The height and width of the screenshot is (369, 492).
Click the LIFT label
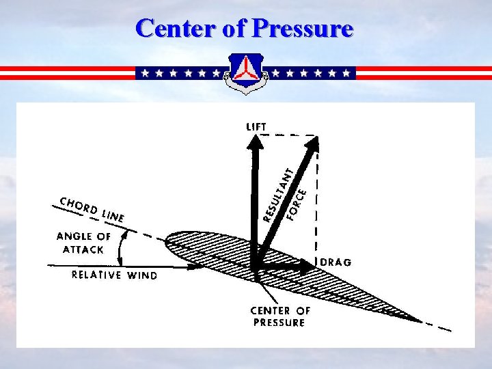tap(256, 126)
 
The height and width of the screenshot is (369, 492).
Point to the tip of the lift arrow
tap(256, 138)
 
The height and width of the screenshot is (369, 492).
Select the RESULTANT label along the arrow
tap(279, 195)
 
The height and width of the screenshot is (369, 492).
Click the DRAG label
tap(335, 262)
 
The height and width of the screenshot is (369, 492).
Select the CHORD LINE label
tap(92, 208)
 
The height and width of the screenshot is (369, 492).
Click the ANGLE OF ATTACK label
tap(83, 243)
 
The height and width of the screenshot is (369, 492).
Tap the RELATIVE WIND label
tap(115, 275)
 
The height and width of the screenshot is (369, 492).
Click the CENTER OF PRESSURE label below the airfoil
tap(279, 316)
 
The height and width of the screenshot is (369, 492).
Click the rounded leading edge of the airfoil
tap(168, 238)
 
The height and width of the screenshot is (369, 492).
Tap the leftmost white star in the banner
tap(144, 72)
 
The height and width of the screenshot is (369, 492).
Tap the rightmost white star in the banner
tap(346, 72)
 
